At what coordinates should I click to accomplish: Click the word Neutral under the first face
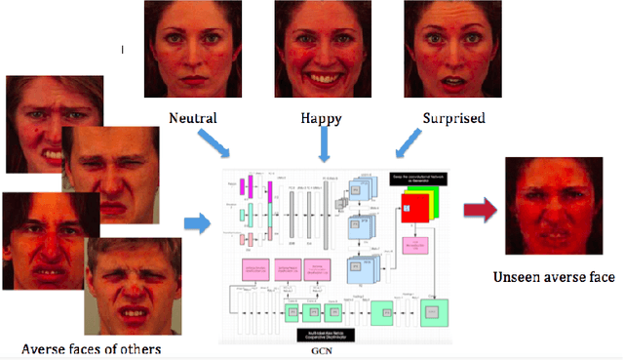pos(192,118)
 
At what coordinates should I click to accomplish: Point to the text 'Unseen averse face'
pos(556,276)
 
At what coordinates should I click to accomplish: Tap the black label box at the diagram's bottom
pos(324,334)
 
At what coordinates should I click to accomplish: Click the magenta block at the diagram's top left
pos(249,184)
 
